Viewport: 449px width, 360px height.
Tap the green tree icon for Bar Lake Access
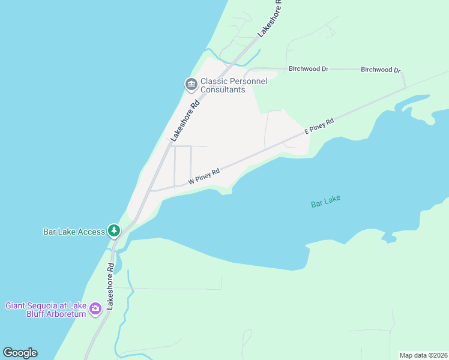(x=114, y=231)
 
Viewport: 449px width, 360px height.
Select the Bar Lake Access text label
(x=74, y=232)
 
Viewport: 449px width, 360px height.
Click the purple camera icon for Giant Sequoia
(x=95, y=310)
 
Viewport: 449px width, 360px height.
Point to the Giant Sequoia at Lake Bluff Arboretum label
(x=45, y=310)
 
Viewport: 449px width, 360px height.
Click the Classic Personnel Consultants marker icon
(x=191, y=85)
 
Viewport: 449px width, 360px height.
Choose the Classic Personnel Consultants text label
(x=233, y=85)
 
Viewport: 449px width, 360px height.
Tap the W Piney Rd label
(x=204, y=176)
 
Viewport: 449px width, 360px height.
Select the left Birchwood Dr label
(x=308, y=69)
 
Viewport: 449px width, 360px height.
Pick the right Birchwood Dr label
(x=380, y=70)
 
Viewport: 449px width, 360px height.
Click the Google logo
(x=20, y=353)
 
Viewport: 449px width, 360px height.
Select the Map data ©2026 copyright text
(x=423, y=355)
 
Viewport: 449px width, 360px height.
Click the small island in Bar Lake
(x=389, y=239)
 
